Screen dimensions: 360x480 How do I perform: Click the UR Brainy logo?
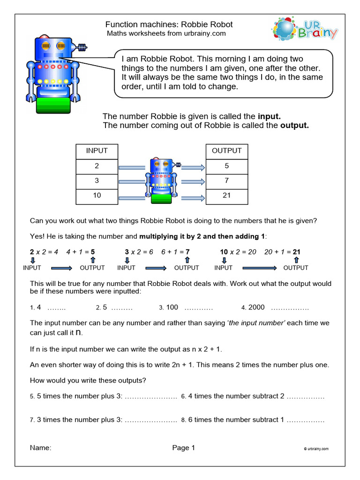305,29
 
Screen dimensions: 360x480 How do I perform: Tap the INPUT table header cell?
97,151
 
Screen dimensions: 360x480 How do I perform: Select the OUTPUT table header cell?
227,151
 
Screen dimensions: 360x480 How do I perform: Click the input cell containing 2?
97,167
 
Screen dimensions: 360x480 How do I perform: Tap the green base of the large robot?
53,105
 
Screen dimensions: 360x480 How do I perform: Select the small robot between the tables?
161,180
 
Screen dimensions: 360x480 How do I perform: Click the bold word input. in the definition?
269,116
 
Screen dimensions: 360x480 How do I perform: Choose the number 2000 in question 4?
256,307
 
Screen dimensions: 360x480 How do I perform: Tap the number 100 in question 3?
172,307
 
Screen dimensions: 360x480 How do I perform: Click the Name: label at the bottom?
40,448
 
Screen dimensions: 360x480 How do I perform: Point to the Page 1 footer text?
183,448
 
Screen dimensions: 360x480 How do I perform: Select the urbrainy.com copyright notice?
316,449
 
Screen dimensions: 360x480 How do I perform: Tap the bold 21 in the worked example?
296,252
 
